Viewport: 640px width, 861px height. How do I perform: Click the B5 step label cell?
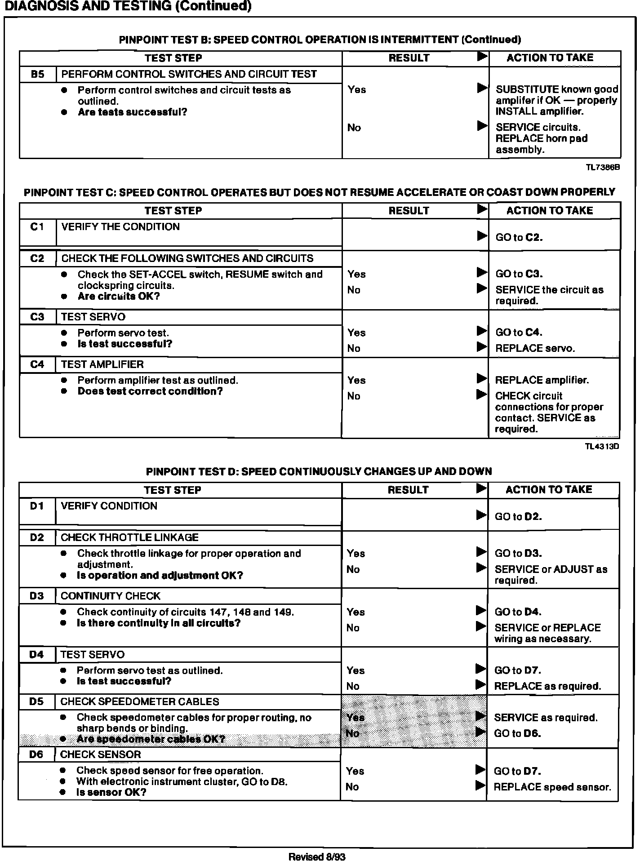click(38, 74)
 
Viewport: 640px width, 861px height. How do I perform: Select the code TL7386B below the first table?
click(603, 167)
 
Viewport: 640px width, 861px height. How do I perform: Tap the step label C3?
click(38, 317)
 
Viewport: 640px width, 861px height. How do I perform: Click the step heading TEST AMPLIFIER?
click(102, 364)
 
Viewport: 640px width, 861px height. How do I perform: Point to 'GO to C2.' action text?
click(519, 237)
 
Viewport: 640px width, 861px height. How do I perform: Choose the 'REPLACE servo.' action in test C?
click(535, 348)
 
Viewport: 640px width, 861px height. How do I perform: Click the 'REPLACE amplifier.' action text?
click(542, 380)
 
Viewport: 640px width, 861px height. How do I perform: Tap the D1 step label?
click(37, 506)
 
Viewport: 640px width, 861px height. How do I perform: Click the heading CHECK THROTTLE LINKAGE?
click(129, 537)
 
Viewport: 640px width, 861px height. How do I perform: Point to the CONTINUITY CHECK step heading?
click(111, 596)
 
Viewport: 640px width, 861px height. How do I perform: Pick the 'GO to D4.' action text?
click(518, 612)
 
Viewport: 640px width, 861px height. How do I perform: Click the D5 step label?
click(36, 701)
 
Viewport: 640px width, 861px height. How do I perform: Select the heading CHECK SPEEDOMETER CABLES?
click(140, 701)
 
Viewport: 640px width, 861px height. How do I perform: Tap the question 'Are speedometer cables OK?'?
click(151, 739)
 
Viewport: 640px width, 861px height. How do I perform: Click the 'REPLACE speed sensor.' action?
click(552, 787)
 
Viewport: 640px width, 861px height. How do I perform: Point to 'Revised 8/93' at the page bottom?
click(316, 857)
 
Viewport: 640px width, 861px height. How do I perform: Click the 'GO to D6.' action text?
click(517, 733)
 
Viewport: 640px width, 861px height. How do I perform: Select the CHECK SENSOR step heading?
click(101, 754)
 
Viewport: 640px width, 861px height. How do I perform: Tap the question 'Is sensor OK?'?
click(111, 792)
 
